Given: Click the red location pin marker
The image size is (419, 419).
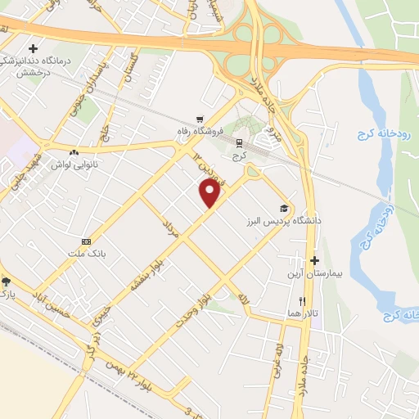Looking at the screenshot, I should [x=210, y=193].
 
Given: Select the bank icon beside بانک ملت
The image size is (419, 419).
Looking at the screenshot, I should [x=86, y=241].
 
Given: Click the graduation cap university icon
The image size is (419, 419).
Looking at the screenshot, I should [x=284, y=208].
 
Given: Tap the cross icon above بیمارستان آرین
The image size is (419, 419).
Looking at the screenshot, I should [x=314, y=260].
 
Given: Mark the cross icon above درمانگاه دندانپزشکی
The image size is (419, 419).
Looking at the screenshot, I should [x=33, y=49].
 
